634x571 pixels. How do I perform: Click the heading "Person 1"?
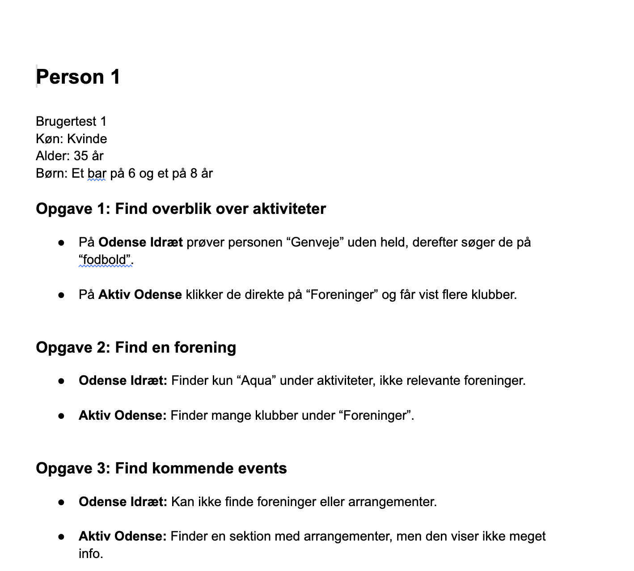pyautogui.click(x=78, y=77)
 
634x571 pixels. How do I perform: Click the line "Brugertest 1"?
pyautogui.click(x=71, y=121)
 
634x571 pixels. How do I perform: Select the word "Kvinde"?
pyautogui.click(x=87, y=139)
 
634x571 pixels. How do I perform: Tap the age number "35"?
pyautogui.click(x=81, y=156)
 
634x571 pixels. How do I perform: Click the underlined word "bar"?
pyautogui.click(x=97, y=173)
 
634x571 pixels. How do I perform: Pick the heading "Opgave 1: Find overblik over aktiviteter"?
pyautogui.click(x=181, y=209)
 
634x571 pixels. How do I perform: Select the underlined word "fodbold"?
pyautogui.click(x=106, y=260)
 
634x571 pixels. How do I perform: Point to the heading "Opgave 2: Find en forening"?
pyautogui.click(x=136, y=347)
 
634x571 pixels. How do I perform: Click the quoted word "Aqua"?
pyautogui.click(x=257, y=380)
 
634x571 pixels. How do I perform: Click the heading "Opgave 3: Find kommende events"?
pyautogui.click(x=161, y=468)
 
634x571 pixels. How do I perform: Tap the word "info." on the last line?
pyautogui.click(x=91, y=554)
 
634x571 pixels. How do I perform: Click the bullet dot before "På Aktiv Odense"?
pyautogui.click(x=61, y=295)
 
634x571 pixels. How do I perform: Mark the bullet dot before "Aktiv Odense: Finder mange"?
pyautogui.click(x=61, y=416)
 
